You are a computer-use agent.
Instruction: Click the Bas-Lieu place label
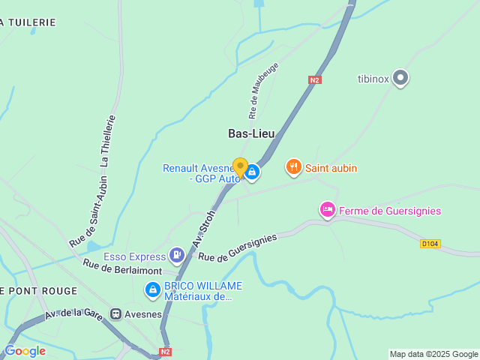251,133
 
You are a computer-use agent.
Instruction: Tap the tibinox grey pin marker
400,77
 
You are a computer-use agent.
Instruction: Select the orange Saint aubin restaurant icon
294,167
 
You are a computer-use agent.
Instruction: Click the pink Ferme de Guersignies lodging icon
327,210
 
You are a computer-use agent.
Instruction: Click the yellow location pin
240,166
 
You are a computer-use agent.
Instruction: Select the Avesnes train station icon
116,313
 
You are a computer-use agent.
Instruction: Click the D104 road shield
429,244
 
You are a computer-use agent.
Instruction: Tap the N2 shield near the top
315,79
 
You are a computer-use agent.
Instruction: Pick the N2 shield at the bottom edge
166,351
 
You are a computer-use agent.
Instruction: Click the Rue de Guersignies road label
237,247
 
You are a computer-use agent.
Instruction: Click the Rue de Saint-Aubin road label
88,212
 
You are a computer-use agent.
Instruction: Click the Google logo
25,350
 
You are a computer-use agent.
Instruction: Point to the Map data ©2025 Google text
433,354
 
